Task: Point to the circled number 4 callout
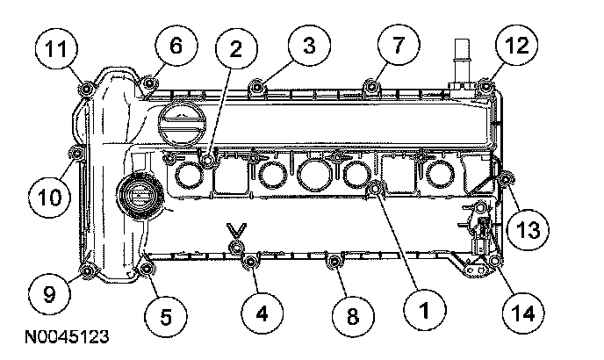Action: coord(260,310)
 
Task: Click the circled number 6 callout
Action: coord(176,46)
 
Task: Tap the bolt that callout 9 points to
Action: coord(87,269)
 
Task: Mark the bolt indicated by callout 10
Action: coord(75,155)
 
